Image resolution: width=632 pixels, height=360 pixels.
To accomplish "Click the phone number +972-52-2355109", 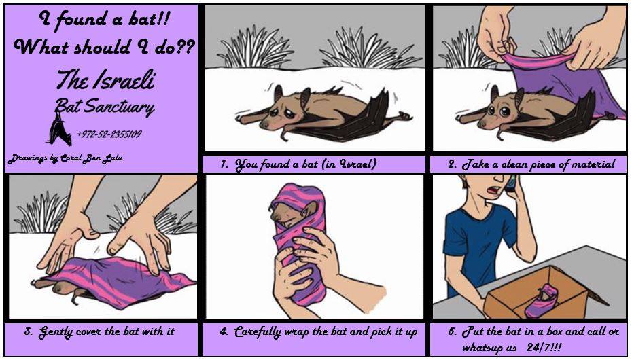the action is click(109, 134).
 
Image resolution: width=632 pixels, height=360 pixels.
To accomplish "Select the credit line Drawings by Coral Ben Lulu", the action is click(65, 158).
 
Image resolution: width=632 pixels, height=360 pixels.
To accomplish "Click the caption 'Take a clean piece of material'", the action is click(531, 164).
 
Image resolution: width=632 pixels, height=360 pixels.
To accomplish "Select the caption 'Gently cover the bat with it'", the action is click(99, 332).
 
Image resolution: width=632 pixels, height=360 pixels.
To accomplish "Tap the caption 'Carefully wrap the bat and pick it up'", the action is click(319, 332).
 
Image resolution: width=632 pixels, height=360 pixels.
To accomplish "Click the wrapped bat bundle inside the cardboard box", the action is click(542, 300).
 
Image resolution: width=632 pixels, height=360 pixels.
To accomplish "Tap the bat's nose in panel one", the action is click(264, 125).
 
